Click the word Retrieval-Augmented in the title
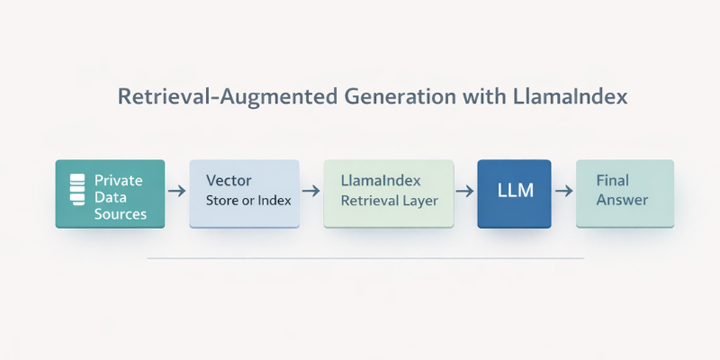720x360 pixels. tap(227, 97)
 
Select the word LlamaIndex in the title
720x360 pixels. tap(570, 97)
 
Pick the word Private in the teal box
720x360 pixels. tap(118, 180)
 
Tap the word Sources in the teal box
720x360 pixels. tap(120, 214)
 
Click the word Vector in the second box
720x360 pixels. tap(228, 180)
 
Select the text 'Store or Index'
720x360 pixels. tap(248, 200)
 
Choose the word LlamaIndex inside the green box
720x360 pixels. tap(381, 180)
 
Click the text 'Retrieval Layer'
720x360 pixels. tap(389, 200)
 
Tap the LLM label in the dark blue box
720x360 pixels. tap(515, 191)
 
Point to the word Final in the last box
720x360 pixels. tap(612, 180)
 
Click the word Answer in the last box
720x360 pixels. tap(622, 199)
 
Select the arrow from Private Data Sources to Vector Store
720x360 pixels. tap(177, 191)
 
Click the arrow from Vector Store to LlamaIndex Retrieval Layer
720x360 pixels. tap(311, 191)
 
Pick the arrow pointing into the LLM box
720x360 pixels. tap(465, 191)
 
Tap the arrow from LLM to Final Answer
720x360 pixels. tap(564, 191)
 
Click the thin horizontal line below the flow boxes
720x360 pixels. tap(365, 258)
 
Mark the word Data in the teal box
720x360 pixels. tap(110, 197)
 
